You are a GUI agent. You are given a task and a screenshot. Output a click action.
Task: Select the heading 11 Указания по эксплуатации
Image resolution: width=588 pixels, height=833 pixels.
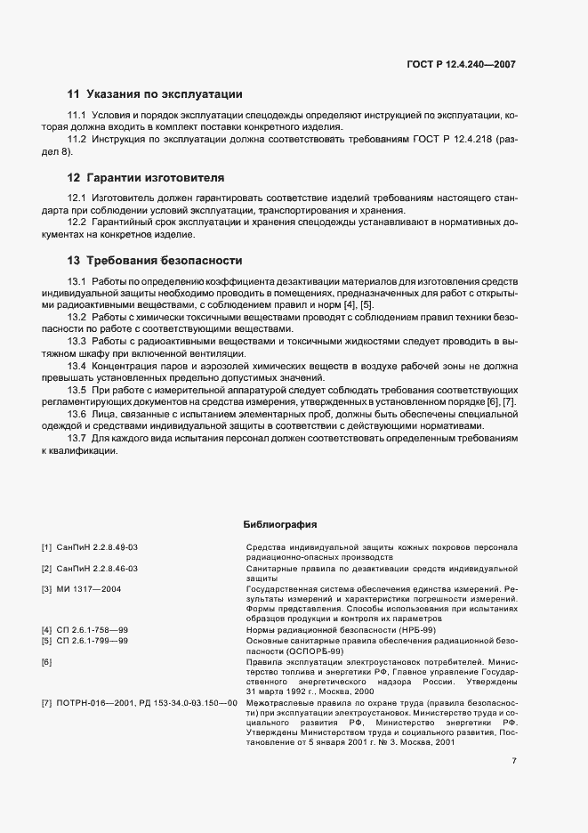coord(154,94)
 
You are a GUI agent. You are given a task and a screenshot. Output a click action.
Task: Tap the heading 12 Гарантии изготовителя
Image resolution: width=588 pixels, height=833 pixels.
coord(146,177)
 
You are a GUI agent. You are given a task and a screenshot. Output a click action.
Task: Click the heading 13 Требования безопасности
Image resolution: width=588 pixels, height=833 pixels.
coord(154,261)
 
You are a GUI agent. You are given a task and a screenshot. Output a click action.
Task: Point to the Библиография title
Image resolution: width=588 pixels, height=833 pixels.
coord(280,524)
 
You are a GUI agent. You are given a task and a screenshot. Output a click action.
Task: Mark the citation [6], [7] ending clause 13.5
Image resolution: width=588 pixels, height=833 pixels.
coord(499,402)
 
